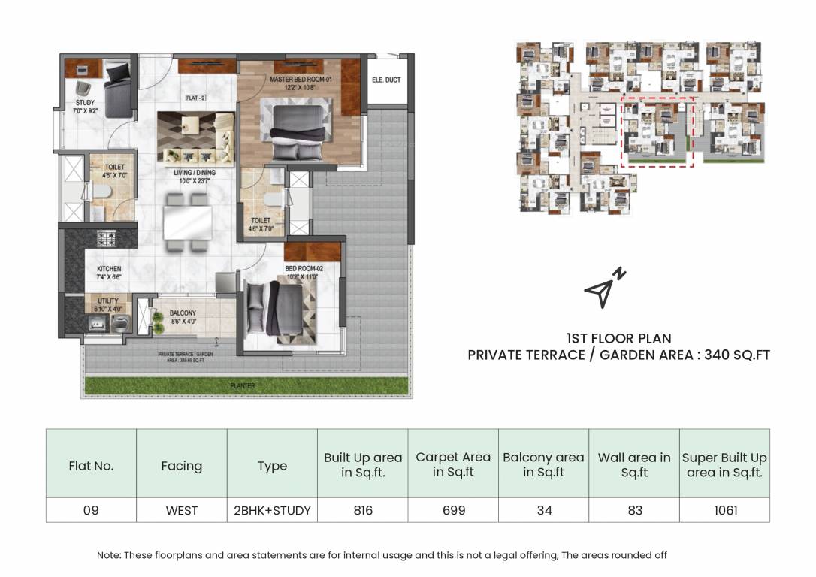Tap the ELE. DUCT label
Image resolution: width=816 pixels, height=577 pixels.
[x=385, y=80]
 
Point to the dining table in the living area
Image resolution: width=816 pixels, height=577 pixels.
[x=187, y=221]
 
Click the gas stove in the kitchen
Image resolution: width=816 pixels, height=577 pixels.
[x=107, y=239]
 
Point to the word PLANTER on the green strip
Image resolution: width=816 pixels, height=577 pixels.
[x=243, y=386]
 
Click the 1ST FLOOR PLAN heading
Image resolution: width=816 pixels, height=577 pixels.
[x=618, y=338]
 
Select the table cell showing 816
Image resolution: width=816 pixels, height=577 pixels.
[x=363, y=510]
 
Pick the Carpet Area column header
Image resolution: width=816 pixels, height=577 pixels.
[x=453, y=464]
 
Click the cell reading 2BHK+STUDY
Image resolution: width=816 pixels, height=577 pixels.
[x=272, y=510]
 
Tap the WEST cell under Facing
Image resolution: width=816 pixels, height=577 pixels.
[x=181, y=510]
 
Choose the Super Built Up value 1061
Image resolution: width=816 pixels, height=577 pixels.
[x=724, y=510]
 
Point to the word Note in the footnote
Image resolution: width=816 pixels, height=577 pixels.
[x=108, y=555]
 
